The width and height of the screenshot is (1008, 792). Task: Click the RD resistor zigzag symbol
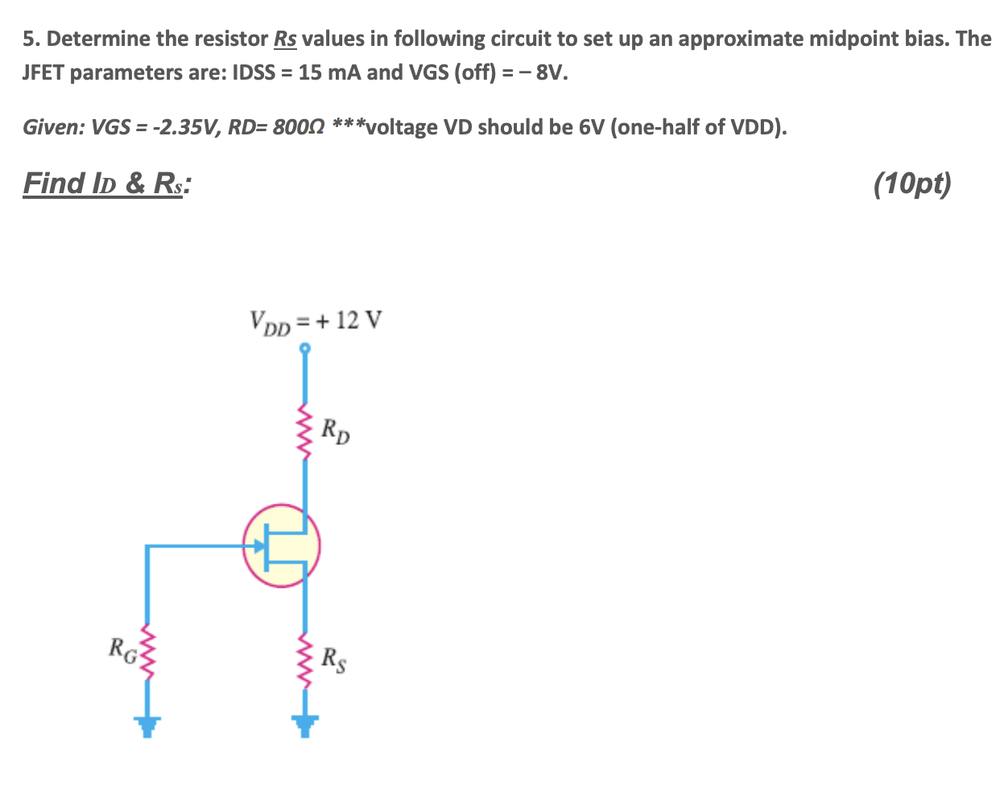(x=304, y=430)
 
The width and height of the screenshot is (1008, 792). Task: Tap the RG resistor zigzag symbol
(x=146, y=648)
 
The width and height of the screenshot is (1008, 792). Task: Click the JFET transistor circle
(x=282, y=546)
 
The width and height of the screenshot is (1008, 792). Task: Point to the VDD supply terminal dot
(x=304, y=349)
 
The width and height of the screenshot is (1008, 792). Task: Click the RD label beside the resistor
(x=336, y=431)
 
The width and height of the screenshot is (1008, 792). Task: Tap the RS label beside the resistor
(x=334, y=659)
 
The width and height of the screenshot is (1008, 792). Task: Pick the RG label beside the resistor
(x=122, y=647)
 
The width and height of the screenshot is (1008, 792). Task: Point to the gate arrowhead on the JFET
(x=259, y=547)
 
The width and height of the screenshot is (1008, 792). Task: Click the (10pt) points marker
(x=911, y=184)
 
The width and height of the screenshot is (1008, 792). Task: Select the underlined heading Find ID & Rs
(x=107, y=184)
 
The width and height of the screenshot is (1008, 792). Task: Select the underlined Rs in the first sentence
(x=286, y=39)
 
